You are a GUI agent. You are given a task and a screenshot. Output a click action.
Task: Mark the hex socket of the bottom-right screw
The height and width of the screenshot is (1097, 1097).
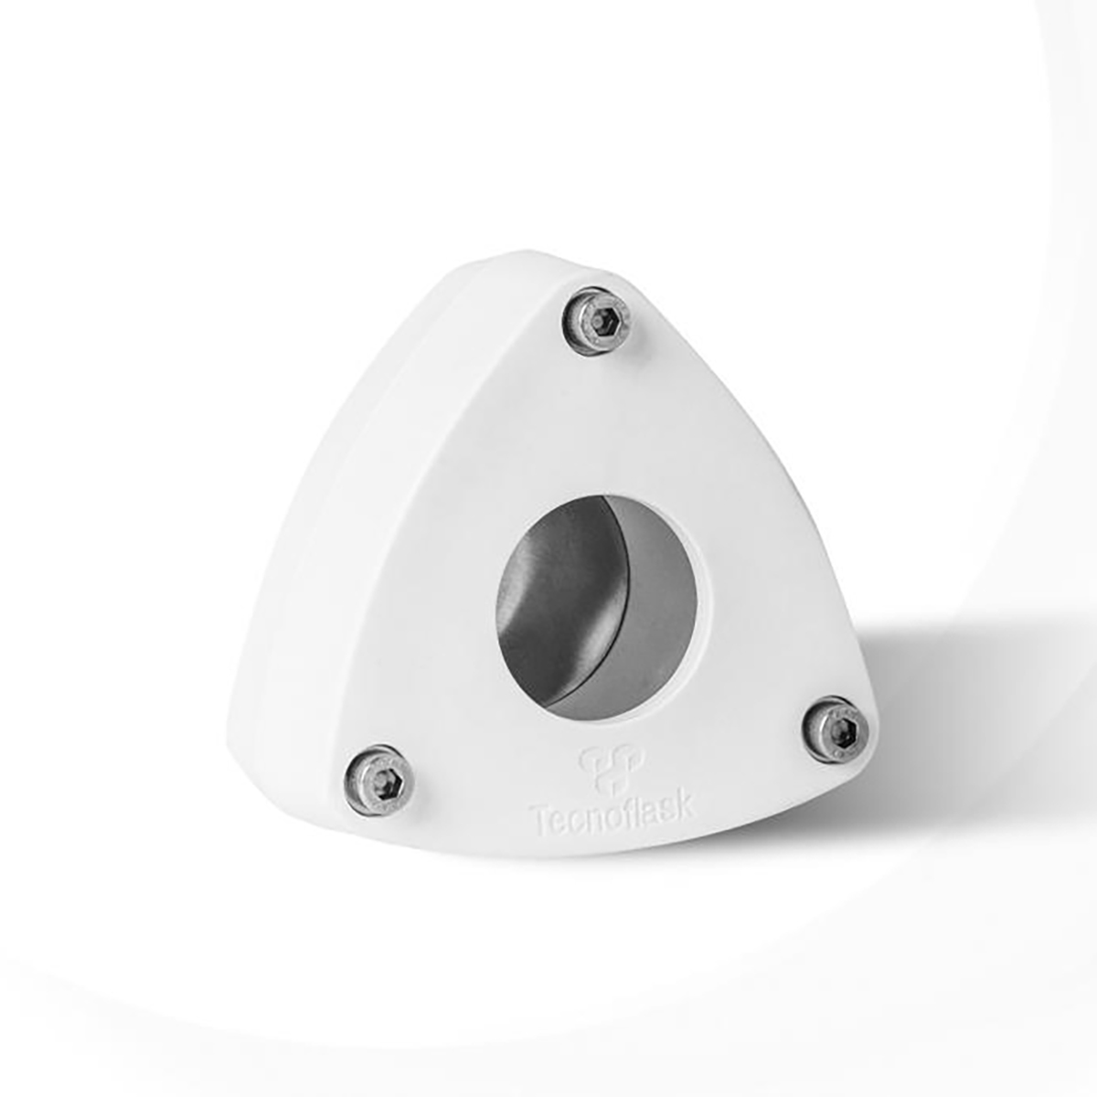tap(839, 730)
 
